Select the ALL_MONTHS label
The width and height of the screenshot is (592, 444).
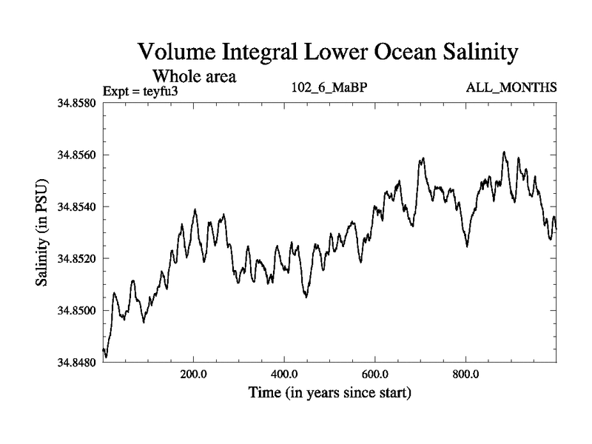(x=511, y=88)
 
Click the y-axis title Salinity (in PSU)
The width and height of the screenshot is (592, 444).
(x=41, y=232)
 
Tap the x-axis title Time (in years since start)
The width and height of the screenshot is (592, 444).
(x=329, y=392)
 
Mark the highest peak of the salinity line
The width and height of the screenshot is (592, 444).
(x=504, y=152)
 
